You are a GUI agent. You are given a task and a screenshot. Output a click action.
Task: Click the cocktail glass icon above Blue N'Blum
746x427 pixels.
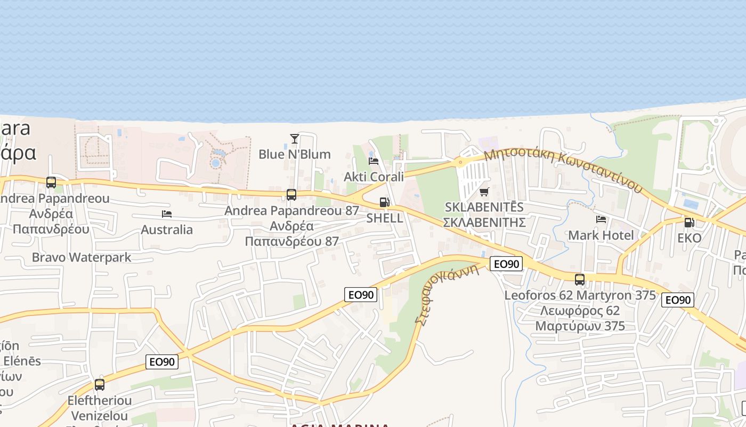(x=294, y=139)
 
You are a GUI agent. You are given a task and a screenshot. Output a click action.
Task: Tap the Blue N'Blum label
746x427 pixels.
(x=294, y=154)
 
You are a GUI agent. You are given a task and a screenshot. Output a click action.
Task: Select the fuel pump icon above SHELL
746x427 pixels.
(x=384, y=202)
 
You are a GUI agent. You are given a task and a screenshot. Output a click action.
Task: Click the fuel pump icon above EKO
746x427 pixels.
(x=689, y=222)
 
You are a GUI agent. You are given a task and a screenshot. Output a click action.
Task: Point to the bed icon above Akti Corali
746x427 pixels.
(x=374, y=161)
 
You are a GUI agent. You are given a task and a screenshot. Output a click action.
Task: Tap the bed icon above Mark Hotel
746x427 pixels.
(x=601, y=219)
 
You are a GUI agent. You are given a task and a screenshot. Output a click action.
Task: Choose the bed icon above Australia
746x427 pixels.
(x=167, y=214)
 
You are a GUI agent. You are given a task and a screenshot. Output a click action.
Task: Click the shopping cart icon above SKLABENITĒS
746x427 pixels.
(x=484, y=192)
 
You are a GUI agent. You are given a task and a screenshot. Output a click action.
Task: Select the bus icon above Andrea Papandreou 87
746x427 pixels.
(x=291, y=195)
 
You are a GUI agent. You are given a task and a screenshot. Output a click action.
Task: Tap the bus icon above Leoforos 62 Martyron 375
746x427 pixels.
(x=580, y=279)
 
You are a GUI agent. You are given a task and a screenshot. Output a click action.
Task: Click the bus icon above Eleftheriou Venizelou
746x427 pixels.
(x=100, y=384)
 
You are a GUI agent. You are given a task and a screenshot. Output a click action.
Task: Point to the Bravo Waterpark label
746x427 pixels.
(x=82, y=257)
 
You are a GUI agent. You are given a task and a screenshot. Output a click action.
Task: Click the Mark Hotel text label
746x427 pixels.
(x=601, y=235)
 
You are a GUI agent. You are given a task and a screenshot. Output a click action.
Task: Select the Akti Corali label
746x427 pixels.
(x=374, y=177)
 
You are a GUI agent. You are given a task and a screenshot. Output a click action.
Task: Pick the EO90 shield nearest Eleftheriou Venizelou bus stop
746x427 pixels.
(x=162, y=362)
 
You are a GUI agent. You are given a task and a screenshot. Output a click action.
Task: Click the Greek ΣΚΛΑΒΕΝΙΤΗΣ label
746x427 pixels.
(x=484, y=222)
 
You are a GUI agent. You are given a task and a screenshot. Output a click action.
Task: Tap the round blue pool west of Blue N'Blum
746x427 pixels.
(x=216, y=163)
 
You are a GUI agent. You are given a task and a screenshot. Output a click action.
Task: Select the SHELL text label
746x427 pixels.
(x=384, y=218)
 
